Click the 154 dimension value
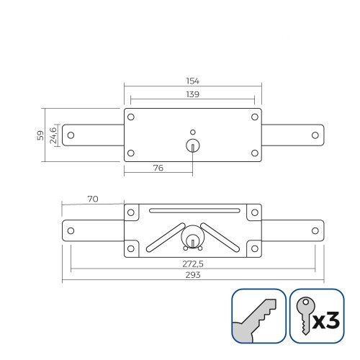pyautogui.click(x=192, y=82)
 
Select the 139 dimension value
pyautogui.click(x=192, y=94)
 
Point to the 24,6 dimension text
pyautogui.click(x=53, y=135)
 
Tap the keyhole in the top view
pyautogui.click(x=192, y=145)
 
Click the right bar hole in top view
pyautogui.click(x=314, y=135)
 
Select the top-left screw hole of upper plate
pyautogui.click(x=130, y=117)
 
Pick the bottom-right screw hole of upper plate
pyautogui.click(x=254, y=153)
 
